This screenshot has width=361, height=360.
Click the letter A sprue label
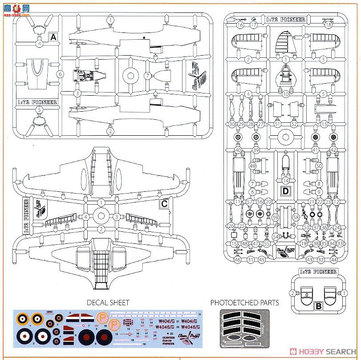tap(54, 37)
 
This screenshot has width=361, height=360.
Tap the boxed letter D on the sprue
tap(285, 192)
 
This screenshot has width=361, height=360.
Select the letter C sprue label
tap(164, 204)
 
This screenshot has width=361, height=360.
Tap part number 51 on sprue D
tap(277, 124)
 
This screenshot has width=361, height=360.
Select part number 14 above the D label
tap(285, 181)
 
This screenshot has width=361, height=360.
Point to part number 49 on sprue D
tap(252, 166)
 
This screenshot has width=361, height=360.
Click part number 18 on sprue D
tap(329, 25)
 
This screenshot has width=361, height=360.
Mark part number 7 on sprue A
tap(147, 76)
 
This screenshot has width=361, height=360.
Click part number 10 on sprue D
tap(286, 94)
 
